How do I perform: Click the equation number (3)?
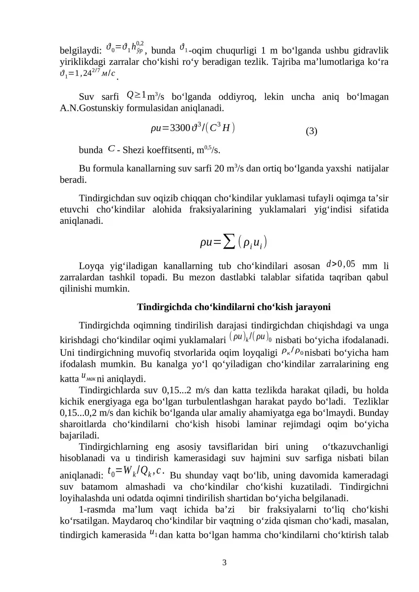[x=311, y=131]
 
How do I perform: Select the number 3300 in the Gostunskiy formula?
[x=180, y=128]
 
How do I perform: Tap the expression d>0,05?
[x=341, y=264]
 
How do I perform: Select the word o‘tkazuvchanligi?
[x=355, y=446]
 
